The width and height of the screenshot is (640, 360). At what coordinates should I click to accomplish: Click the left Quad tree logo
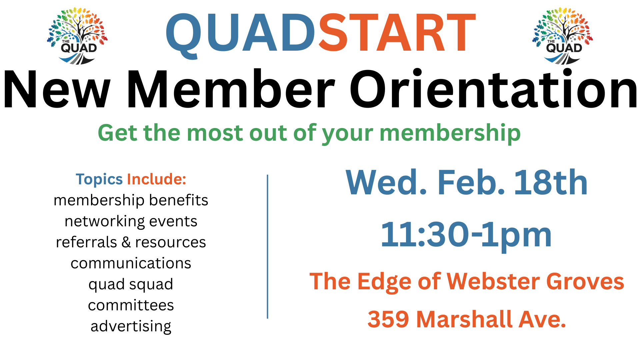[x=77, y=36]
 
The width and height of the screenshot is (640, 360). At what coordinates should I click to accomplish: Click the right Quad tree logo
[x=563, y=36]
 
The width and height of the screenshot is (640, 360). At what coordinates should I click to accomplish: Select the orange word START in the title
[x=397, y=33]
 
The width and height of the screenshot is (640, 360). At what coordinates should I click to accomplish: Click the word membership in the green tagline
[x=450, y=133]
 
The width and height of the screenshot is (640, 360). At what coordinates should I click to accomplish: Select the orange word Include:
[x=156, y=179]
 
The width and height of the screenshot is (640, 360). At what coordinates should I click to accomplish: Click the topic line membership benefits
[x=131, y=201]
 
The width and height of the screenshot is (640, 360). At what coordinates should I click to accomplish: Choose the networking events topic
[x=131, y=222]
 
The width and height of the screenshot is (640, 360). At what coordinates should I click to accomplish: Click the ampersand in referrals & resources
[x=126, y=242]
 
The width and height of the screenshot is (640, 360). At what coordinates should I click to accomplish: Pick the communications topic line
[x=131, y=263]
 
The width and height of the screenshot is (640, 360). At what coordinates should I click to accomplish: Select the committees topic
[x=131, y=305]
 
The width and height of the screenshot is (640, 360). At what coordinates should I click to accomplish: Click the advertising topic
[x=131, y=327]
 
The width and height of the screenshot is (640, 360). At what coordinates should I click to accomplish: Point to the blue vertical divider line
[x=267, y=247]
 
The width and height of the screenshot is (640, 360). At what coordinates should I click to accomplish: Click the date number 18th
[x=551, y=182]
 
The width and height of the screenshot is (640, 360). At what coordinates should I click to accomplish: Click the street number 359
[x=388, y=319]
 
